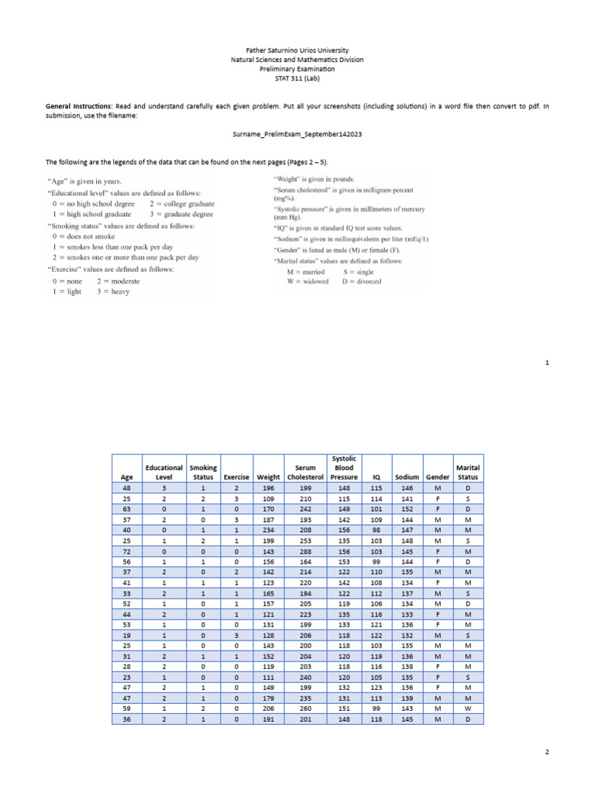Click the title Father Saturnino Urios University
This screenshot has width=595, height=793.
297,50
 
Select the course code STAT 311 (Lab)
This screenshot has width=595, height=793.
297,78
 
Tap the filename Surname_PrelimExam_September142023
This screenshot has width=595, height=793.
297,134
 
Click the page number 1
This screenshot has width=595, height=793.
546,362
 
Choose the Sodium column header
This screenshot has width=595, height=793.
406,477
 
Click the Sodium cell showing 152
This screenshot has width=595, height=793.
406,508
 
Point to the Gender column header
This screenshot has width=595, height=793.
437,477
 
